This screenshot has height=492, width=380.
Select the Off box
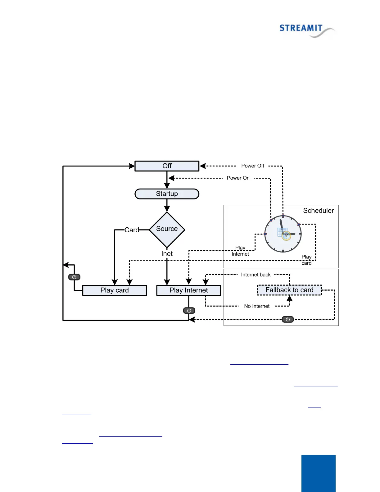pos(167,166)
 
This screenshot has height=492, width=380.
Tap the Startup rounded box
pos(167,194)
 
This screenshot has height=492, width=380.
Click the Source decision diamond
pos(167,230)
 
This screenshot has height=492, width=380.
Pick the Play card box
pos(115,290)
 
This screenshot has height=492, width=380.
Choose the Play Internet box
pos(188,290)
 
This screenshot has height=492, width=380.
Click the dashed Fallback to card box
pos(289,290)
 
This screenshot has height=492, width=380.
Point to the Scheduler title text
pos(318,211)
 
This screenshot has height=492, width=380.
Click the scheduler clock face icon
pos(283,234)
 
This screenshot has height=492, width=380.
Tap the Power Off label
pos(253,166)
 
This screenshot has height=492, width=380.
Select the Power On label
pos(238,178)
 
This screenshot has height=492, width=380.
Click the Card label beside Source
pos(132,230)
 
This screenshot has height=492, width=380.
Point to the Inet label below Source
pos(167,254)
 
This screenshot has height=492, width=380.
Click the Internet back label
pos(256,275)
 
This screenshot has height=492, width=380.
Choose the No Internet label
pos(257,306)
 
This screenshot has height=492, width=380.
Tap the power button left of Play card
pos(74,277)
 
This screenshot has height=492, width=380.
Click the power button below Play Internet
pos(189,310)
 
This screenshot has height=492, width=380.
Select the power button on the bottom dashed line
pos(288,319)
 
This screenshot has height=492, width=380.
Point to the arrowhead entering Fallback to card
pos(289,298)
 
